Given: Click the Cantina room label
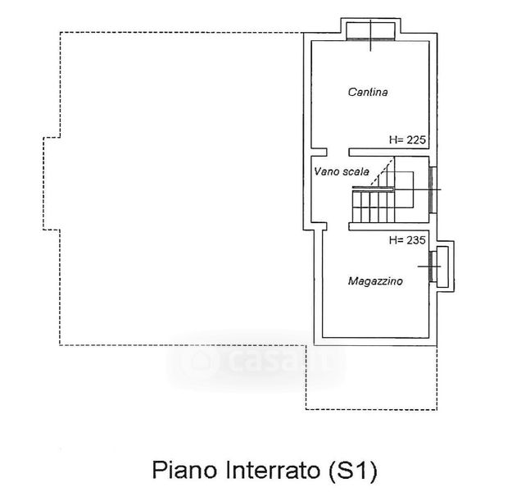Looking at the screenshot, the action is (367, 93).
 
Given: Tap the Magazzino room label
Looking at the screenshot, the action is (375, 281).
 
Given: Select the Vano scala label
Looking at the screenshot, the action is (341, 171).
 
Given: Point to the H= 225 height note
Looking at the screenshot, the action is (407, 140).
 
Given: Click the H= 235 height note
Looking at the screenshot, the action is (407, 241).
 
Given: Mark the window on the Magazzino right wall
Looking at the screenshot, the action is (440, 266).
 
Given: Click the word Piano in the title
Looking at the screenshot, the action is (176, 471).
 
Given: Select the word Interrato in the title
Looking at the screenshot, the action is (263, 471).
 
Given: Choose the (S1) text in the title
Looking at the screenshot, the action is (351, 471).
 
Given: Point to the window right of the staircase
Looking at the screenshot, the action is (433, 189).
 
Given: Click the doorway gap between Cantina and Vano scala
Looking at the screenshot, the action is (338, 152).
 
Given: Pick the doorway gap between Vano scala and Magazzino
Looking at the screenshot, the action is (338, 227).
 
